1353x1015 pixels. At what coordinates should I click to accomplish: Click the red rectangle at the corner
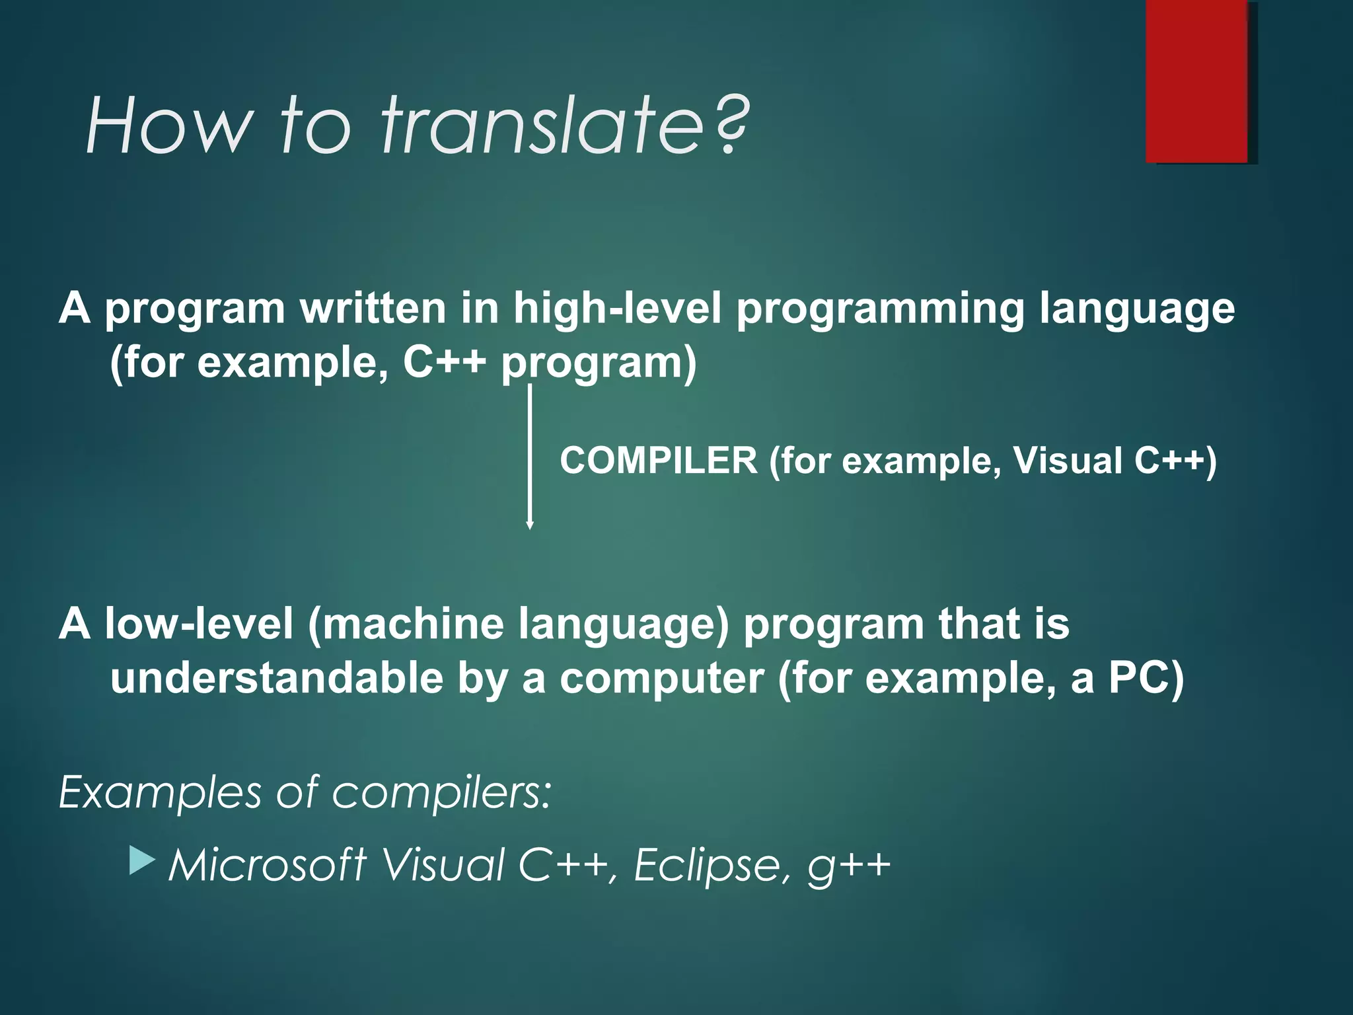(1196, 81)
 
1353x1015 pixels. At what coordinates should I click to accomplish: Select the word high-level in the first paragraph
(618, 308)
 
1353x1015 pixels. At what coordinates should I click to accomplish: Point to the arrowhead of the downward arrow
(529, 525)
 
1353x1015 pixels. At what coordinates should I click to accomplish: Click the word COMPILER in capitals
(658, 461)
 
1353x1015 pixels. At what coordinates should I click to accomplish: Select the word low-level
(199, 624)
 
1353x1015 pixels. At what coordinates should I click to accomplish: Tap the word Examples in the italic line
(160, 792)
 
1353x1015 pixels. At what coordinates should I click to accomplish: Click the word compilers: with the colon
(441, 792)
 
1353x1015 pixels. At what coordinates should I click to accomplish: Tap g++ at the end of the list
(849, 866)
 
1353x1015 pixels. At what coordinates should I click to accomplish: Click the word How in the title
(169, 126)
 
